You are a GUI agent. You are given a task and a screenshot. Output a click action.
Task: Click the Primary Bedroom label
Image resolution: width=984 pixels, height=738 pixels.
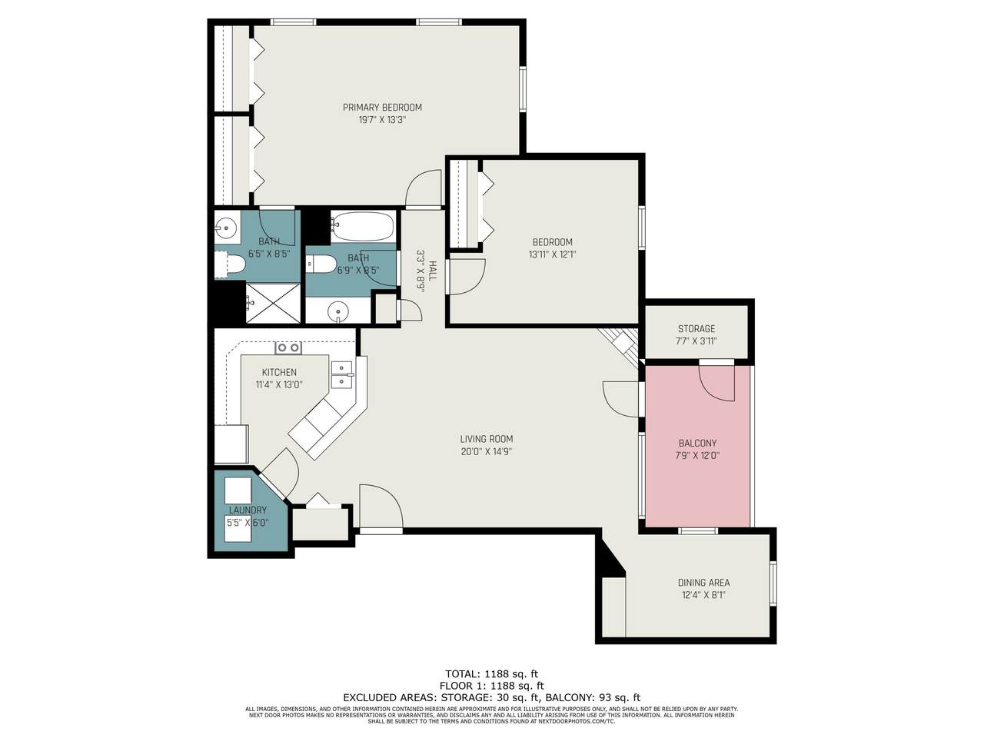pos(382,108)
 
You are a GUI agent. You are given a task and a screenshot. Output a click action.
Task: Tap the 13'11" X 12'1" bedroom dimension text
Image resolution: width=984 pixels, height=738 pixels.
pos(552,254)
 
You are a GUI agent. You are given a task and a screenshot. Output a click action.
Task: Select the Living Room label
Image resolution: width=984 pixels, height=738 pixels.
pos(487,439)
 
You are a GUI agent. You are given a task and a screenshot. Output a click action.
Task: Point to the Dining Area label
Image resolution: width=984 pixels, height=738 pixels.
pos(703,583)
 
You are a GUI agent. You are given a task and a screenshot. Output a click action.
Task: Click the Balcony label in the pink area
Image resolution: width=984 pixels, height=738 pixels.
pos(697,443)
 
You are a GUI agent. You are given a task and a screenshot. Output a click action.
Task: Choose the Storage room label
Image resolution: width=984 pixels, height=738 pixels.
pos(696,328)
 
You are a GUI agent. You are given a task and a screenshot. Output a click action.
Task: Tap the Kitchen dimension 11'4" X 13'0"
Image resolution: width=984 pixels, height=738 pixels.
pos(279,384)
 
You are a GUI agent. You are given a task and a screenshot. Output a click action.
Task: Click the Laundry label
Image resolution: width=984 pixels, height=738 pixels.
pos(248,510)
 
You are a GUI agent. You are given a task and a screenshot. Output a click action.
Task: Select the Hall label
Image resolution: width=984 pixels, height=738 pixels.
pos(432,271)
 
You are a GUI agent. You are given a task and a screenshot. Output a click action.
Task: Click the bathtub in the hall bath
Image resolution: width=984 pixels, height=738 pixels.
pos(363,226)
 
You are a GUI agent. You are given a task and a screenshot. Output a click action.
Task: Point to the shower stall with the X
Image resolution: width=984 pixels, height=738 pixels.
pos(273,302)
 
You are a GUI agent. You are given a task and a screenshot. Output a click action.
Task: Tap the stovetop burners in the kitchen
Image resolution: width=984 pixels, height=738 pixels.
pos(288,347)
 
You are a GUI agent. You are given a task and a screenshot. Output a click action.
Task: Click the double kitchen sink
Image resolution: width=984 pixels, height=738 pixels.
pos(342,374)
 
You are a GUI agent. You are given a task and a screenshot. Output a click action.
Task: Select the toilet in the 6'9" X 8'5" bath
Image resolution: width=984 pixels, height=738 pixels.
pos(321,264)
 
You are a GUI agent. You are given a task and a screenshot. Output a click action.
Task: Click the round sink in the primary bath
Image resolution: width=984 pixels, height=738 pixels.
pos(226,228)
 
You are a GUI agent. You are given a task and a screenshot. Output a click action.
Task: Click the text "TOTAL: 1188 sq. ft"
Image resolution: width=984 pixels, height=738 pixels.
pos(491,673)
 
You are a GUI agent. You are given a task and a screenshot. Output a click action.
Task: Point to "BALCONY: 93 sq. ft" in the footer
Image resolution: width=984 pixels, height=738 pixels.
pos(594,697)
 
